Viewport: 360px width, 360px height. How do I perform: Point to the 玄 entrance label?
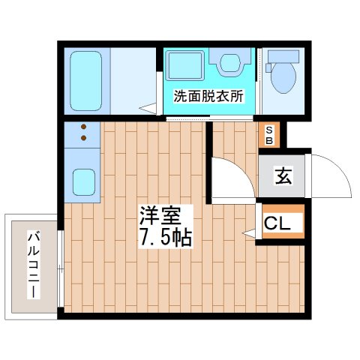click(282, 177)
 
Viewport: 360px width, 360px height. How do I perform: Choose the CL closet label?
click(281, 223)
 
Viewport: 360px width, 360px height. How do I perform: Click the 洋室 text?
click(160, 216)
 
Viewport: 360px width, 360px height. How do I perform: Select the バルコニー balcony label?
click(33, 263)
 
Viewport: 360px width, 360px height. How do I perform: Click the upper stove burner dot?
click(84, 126)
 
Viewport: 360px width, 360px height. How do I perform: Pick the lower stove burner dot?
click(84, 137)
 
